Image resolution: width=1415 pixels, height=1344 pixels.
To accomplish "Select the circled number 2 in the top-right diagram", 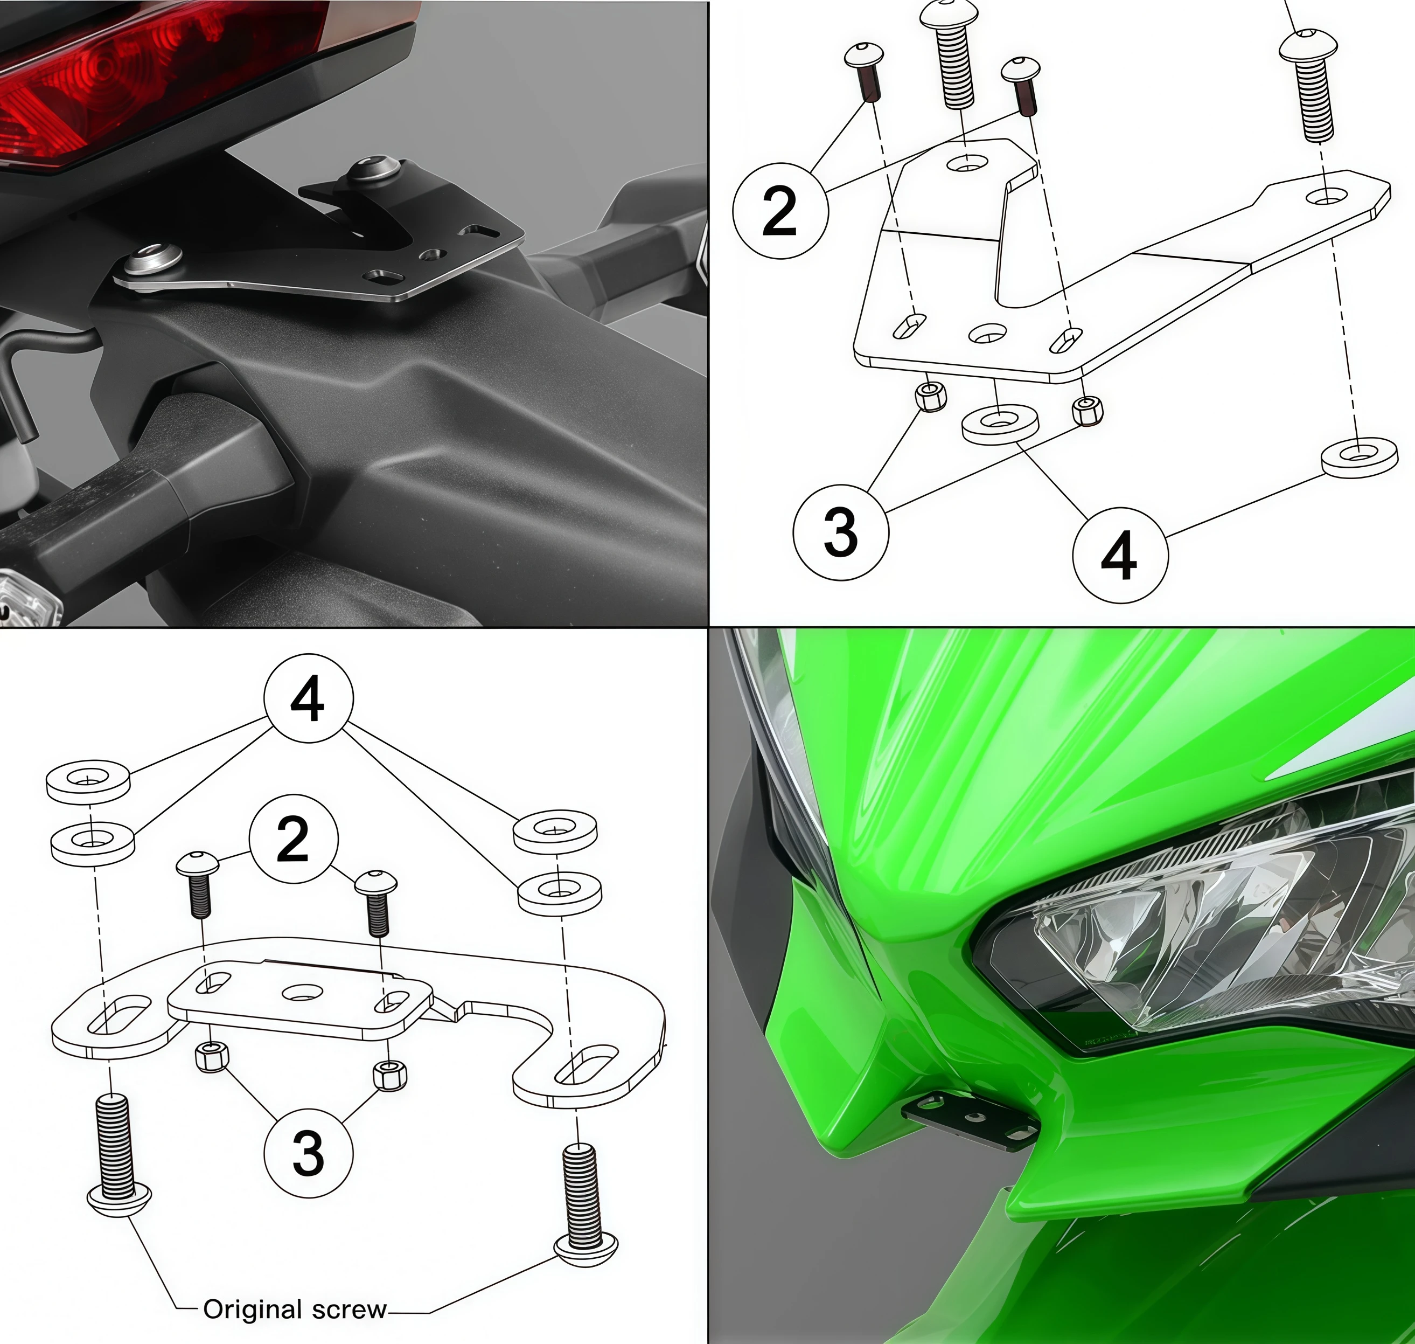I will (780, 211).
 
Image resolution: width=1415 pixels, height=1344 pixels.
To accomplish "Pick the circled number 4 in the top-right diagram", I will (1119, 555).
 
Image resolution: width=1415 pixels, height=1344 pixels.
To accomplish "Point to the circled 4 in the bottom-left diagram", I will (308, 698).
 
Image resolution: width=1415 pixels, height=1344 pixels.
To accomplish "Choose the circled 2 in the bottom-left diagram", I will (293, 839).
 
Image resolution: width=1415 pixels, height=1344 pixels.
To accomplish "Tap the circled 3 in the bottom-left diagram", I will (308, 1153).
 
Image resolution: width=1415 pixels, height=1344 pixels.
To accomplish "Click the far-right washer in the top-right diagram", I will (1358, 457).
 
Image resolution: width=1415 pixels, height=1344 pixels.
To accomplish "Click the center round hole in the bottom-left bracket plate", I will (302, 992).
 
